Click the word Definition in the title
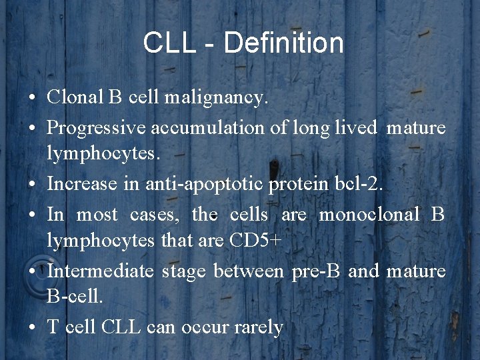pos(284,44)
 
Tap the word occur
pos(200,327)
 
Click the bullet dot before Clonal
pos(33,99)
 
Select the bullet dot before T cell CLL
pos(33,328)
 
